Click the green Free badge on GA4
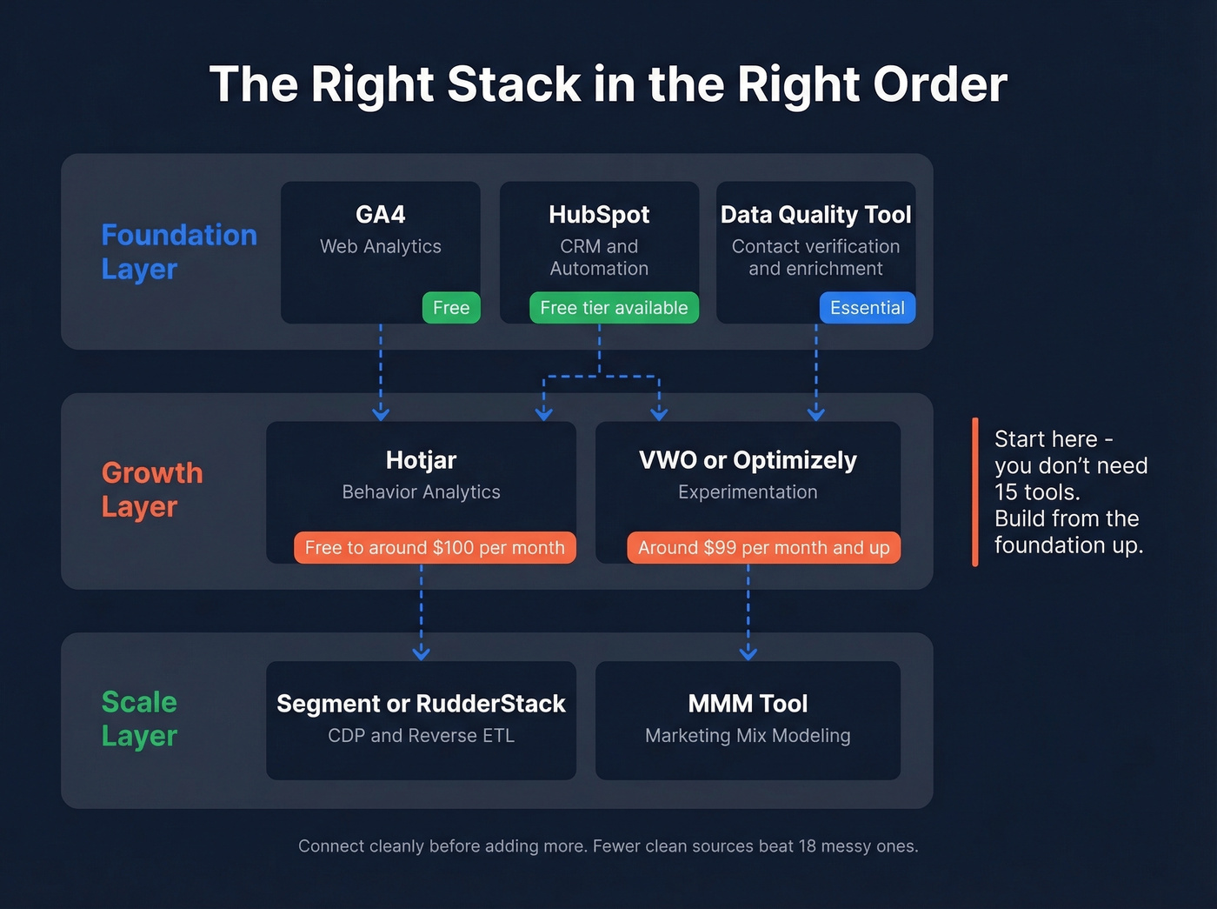[x=451, y=308]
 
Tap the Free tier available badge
[x=614, y=308]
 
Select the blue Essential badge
[x=867, y=308]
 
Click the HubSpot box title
[x=599, y=215]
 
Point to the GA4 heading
[x=380, y=215]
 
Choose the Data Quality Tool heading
[x=815, y=215]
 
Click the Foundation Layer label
[x=179, y=251]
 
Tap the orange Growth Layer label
[x=152, y=489]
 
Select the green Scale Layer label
[x=139, y=719]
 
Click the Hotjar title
[x=421, y=460]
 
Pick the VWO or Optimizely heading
[x=748, y=460]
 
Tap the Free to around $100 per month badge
[x=435, y=548]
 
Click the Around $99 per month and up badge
[x=763, y=548]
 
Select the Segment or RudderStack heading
[x=421, y=704]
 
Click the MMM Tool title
[x=748, y=704]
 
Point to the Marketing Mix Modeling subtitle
[x=748, y=736]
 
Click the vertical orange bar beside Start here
[x=975, y=492]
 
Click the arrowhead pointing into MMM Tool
[x=748, y=652]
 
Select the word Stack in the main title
[x=514, y=85]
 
